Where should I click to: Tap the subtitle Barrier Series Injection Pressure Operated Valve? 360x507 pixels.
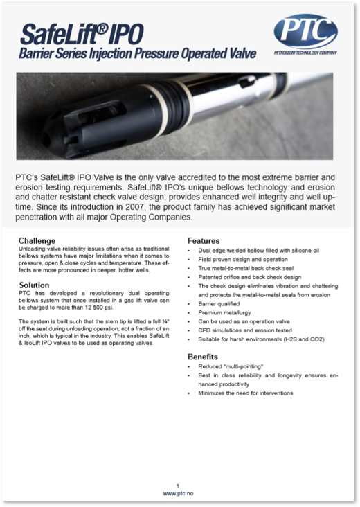point(137,54)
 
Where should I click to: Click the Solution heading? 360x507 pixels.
point(35,285)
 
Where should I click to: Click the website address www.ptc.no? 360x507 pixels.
point(178,493)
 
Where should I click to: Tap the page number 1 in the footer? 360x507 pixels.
point(178,485)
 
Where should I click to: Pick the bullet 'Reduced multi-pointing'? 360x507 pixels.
point(231,366)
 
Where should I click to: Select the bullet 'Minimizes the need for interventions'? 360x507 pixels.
point(246,393)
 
